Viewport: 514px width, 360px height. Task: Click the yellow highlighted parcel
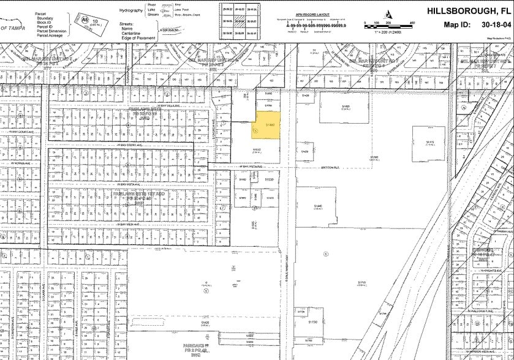267,125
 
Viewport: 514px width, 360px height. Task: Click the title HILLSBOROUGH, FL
463,10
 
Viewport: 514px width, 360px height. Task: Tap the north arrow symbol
388,14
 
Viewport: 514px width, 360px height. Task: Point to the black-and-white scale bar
387,25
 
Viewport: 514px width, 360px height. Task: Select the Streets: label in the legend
128,23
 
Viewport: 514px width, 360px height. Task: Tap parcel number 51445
317,206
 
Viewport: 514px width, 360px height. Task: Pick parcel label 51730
313,322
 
